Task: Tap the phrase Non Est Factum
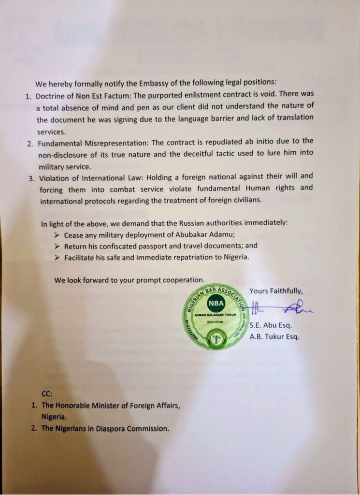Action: (x=101, y=95)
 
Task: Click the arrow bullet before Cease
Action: (x=57, y=235)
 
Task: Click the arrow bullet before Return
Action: (x=57, y=246)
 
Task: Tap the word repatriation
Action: (x=186, y=257)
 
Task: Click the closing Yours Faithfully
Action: (x=276, y=291)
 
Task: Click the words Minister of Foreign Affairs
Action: (x=127, y=405)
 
